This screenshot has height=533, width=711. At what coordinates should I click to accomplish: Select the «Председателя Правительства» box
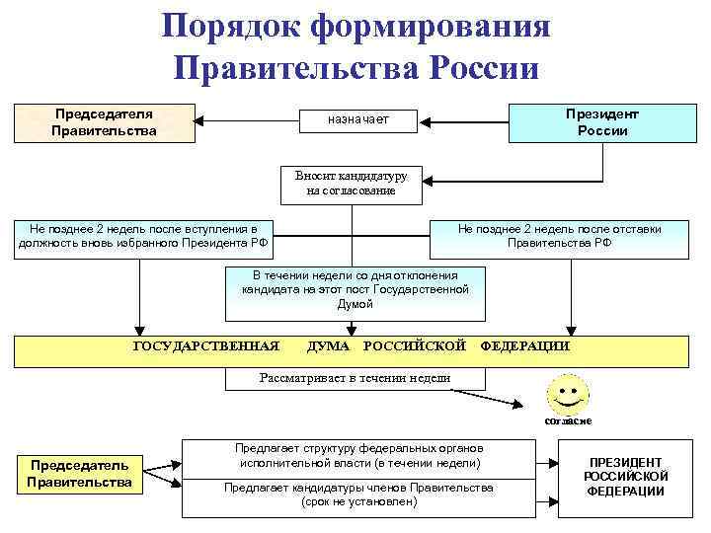[104, 121]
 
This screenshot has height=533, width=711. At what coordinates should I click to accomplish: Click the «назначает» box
[357, 120]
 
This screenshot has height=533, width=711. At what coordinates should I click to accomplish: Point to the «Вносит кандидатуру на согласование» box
[351, 183]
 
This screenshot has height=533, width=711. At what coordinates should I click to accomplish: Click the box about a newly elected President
[142, 237]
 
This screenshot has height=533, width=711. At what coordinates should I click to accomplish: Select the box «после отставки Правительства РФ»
[559, 236]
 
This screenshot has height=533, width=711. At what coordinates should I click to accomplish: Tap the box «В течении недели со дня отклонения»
[355, 291]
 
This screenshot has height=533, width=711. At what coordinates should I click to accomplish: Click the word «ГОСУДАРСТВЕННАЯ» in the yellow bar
[206, 346]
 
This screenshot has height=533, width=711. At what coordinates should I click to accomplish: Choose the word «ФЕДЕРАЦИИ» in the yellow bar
[524, 346]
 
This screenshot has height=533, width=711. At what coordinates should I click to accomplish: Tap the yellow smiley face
[566, 394]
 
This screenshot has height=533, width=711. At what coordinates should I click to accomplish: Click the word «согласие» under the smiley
[568, 420]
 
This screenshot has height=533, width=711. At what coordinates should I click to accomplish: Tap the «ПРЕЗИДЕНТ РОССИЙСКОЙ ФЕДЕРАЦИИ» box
[626, 477]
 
